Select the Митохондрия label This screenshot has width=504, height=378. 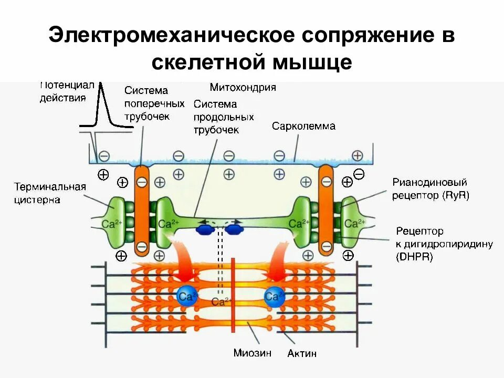[x=243, y=87]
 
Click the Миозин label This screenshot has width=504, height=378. [x=252, y=353]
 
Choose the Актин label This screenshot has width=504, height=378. [x=302, y=353]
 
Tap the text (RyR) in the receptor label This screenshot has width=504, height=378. [x=455, y=195]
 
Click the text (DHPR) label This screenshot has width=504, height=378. [x=415, y=257]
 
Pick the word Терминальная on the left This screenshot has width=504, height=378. [x=50, y=187]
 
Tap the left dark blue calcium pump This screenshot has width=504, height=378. [x=205, y=229]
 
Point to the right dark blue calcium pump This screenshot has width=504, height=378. [x=234, y=229]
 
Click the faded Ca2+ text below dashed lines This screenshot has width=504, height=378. [x=221, y=301]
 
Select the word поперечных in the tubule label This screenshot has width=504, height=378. [x=154, y=103]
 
